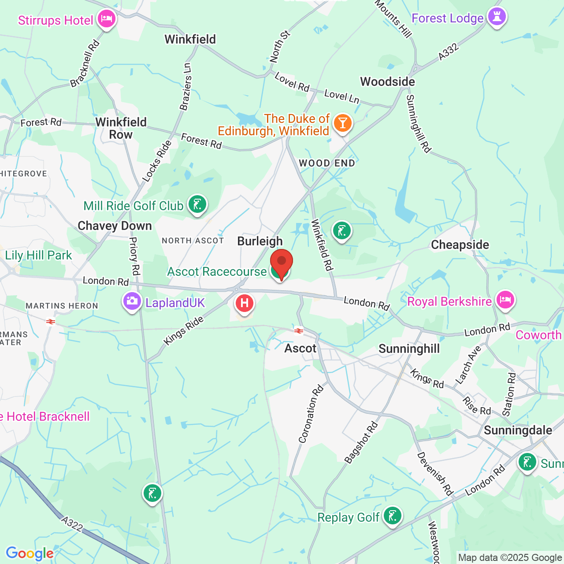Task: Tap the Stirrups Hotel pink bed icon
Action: pos(106,19)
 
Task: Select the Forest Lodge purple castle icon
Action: pos(497,17)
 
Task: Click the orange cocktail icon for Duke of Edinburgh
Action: pos(342,123)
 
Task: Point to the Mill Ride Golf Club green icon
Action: pos(197,204)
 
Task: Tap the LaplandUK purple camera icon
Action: pos(132,301)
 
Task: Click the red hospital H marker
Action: pos(244,303)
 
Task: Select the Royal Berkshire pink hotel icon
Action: pos(505,301)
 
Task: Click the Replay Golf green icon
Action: pos(392,516)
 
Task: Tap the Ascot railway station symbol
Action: pos(299,330)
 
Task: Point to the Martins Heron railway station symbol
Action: pos(51,322)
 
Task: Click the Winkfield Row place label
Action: pos(121,128)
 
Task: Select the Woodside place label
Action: pos(387,82)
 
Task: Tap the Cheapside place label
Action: pos(460,245)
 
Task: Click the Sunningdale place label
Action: pos(518,430)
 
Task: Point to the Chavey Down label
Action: pos(115,226)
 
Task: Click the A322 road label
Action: pos(72,524)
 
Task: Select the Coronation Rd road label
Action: pos(311,414)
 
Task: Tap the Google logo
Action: pos(30,554)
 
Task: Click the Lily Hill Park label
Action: pos(38,255)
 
